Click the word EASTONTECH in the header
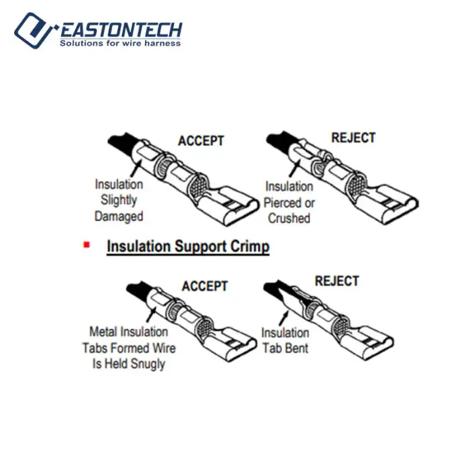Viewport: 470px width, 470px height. point(121,30)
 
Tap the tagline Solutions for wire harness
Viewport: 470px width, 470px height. point(120,43)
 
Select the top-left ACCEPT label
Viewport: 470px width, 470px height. point(201,140)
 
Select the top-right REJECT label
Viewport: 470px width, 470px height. point(353,138)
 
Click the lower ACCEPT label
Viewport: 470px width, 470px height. point(205,286)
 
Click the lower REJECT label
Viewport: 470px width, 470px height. point(336,281)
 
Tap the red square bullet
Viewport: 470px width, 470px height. point(87,245)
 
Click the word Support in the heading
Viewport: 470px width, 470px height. point(201,246)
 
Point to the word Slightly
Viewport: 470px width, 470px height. point(119,200)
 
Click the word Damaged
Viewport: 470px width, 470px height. point(119,216)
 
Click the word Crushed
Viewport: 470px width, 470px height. point(289,218)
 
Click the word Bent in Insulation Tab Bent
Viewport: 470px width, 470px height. point(297,348)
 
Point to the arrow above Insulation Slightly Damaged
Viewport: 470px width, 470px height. point(136,169)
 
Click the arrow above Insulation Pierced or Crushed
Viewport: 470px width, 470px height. point(294,168)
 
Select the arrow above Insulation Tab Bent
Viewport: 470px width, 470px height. point(283,318)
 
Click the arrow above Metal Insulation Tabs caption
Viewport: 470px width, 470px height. point(152,315)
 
